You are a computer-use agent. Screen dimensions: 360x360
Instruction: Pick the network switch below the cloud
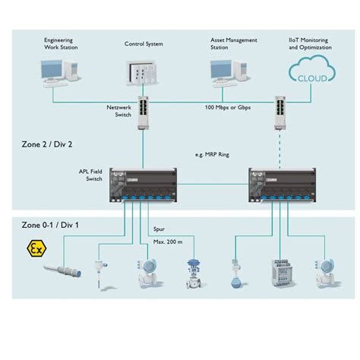pyautogui.click(x=280, y=109)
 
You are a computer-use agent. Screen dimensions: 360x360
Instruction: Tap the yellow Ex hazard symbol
pyautogui.click(x=34, y=248)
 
